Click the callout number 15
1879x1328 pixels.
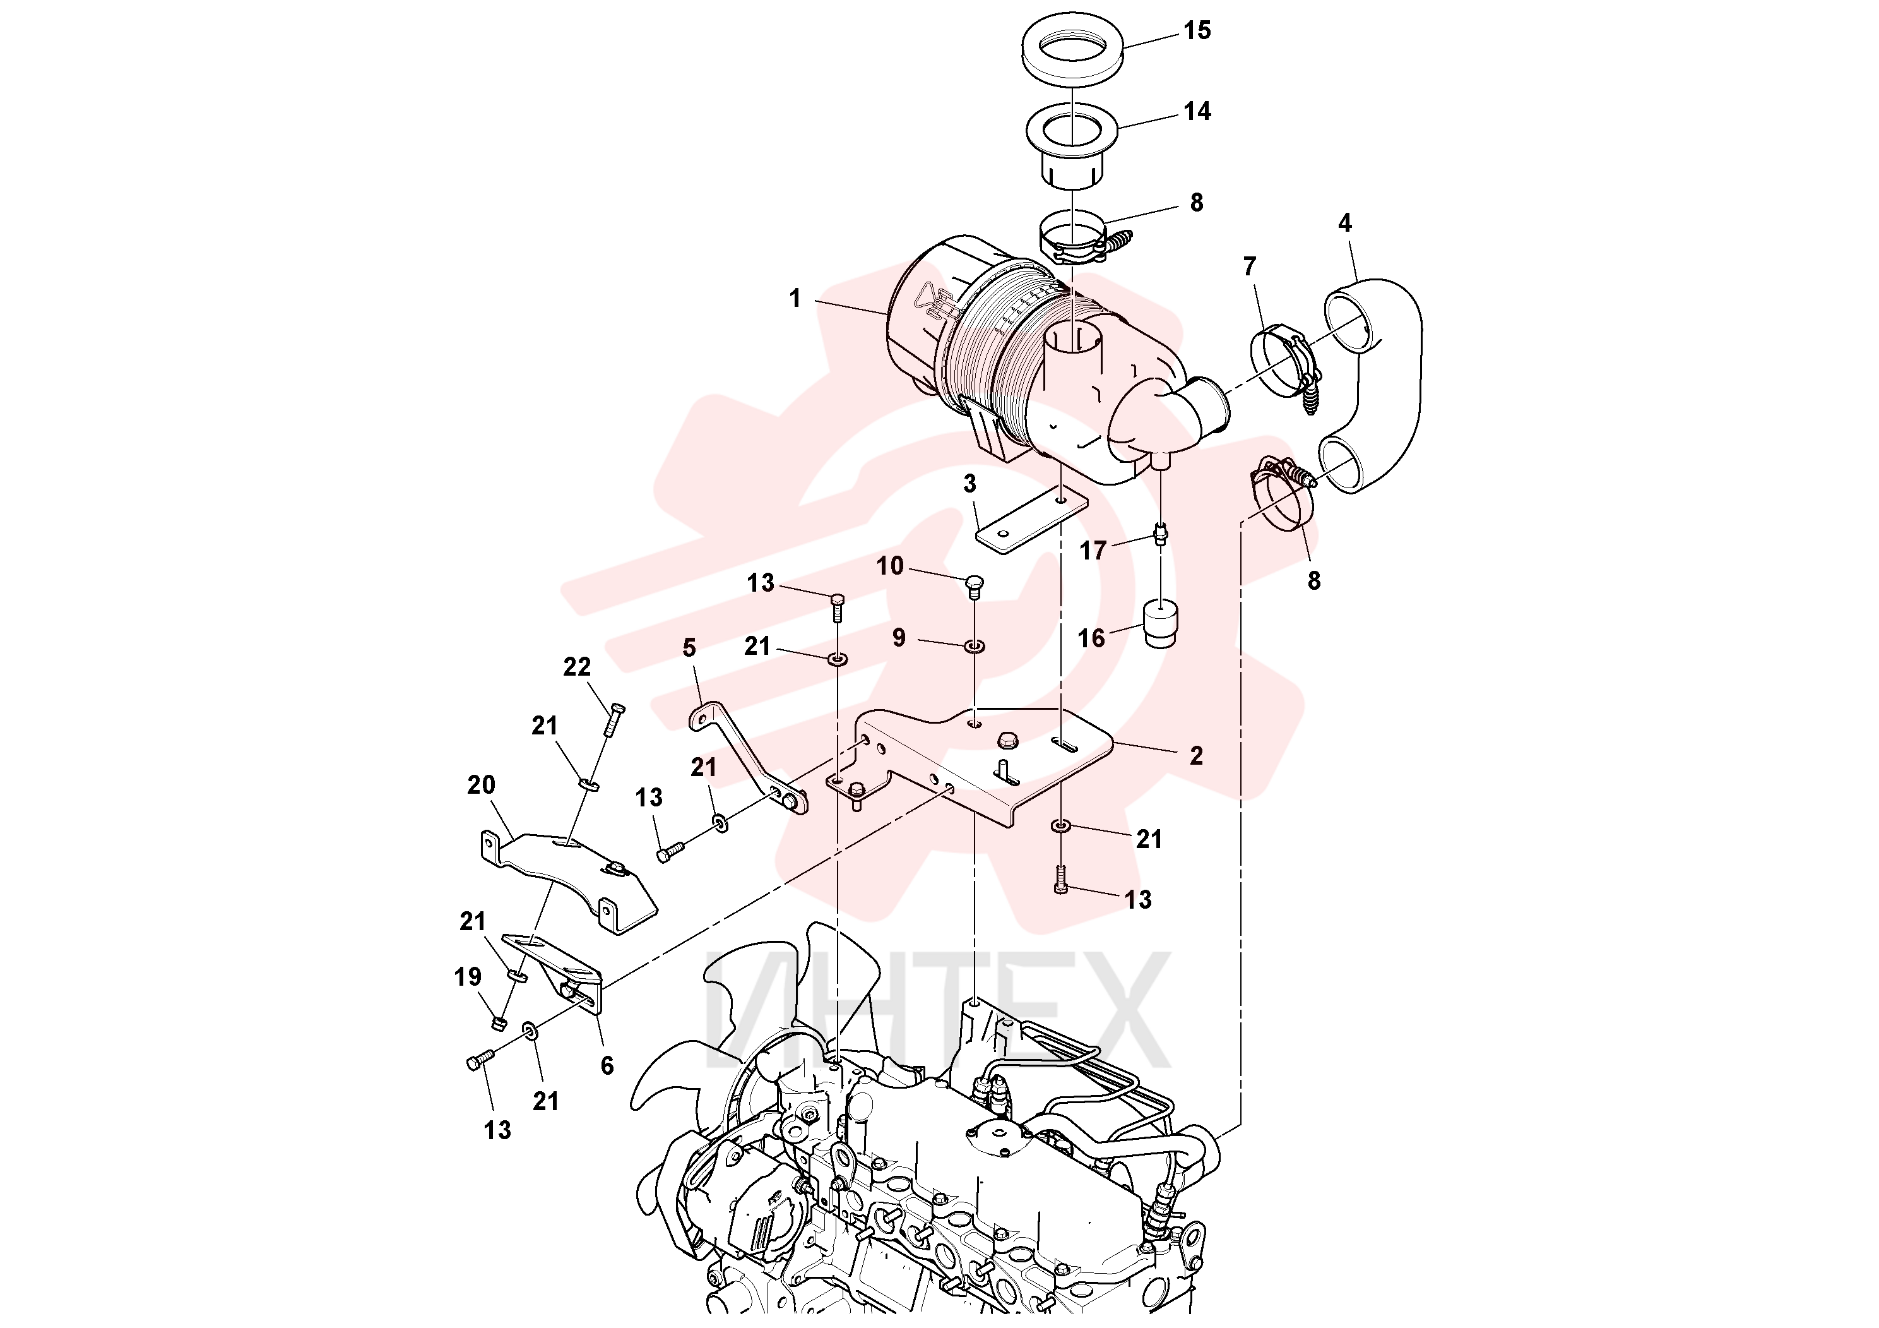point(1197,31)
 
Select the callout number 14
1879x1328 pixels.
point(1197,111)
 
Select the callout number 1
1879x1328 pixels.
point(795,299)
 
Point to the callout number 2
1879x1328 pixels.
point(1197,756)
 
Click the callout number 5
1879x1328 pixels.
point(689,648)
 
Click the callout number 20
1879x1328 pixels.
point(481,785)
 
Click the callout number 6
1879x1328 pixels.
point(607,1065)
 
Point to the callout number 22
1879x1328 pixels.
point(577,667)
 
